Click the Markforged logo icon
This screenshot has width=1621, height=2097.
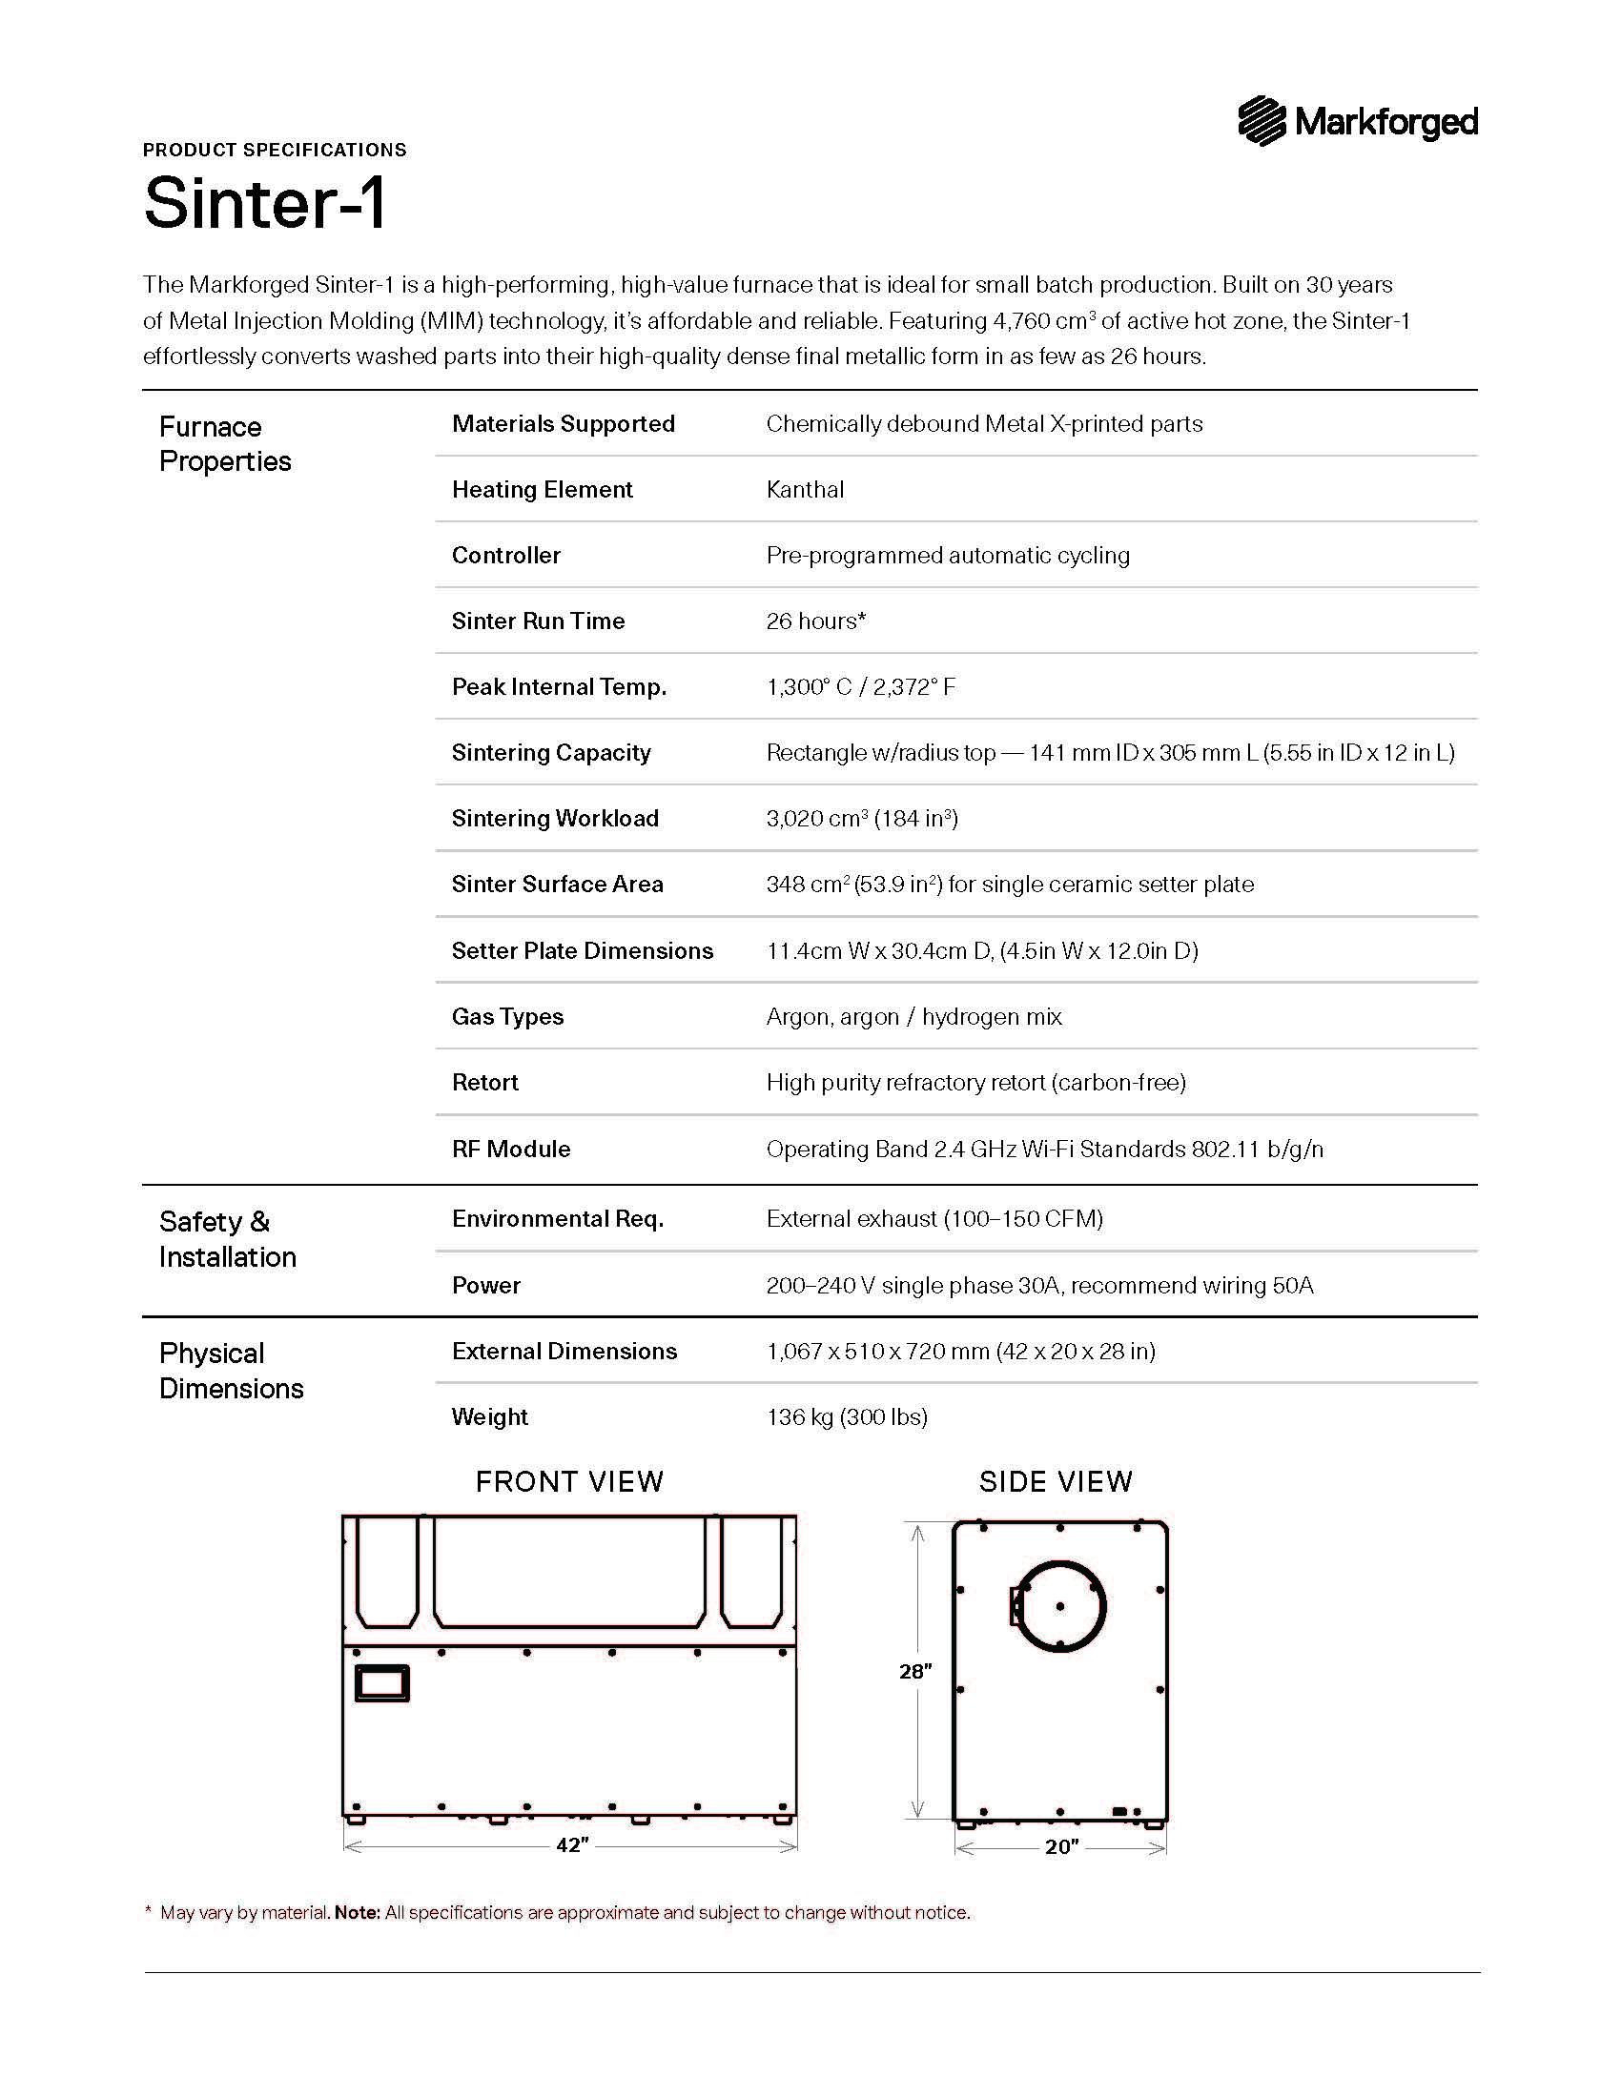click(x=1261, y=121)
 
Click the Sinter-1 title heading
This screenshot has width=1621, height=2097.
click(x=265, y=203)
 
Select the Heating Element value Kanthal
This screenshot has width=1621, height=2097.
click(x=805, y=490)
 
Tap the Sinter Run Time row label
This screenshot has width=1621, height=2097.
click(x=538, y=621)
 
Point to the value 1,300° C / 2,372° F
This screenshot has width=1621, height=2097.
click(x=860, y=687)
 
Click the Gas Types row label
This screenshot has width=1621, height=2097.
click(x=507, y=1017)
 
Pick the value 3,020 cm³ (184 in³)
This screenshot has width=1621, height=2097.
click(x=861, y=819)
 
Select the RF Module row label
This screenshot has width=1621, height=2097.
click(x=511, y=1150)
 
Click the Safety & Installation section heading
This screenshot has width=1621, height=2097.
click(x=228, y=1239)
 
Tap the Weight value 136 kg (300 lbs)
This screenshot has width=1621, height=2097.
click(x=846, y=1417)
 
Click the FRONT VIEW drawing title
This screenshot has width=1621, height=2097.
click(x=569, y=1482)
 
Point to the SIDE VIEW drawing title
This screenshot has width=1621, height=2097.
click(x=1056, y=1482)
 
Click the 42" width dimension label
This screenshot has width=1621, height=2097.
click(x=572, y=1845)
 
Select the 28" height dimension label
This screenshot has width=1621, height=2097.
click(x=915, y=1672)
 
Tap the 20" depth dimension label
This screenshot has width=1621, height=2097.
click(x=1061, y=1847)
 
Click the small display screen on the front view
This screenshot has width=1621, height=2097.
click(x=382, y=1683)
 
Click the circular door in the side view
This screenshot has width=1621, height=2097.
click(x=1060, y=1606)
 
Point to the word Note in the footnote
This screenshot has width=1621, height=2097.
click(x=357, y=1913)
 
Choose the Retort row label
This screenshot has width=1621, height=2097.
click(x=485, y=1083)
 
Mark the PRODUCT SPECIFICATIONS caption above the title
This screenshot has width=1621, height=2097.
click(x=275, y=150)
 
